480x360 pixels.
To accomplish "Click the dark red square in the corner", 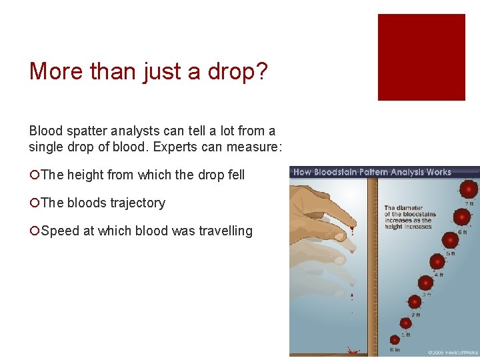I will coord(421,57).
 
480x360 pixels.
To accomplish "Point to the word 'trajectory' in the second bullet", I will coord(134,203).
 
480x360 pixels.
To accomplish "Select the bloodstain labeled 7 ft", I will coord(468,189).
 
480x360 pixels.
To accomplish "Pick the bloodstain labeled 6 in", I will coord(395,339).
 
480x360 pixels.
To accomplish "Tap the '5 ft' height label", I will coord(451,254).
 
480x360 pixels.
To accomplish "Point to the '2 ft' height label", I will coord(416,315).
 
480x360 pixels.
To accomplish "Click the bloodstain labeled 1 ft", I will coord(405,323).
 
